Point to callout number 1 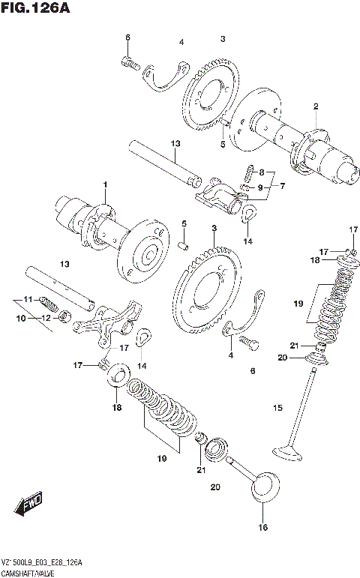(x=106, y=184)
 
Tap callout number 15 (x=277, y=408)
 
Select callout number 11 (x=28, y=300)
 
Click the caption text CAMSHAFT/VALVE (x=32, y=572)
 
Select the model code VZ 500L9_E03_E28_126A (x=42, y=562)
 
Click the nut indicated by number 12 (x=65, y=317)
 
